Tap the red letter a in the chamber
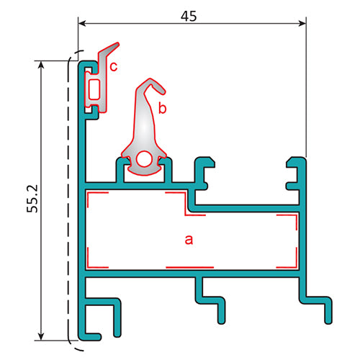pyautogui.click(x=189, y=240)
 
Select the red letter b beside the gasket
pyautogui.click(x=163, y=109)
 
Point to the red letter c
pyautogui.click(x=114, y=67)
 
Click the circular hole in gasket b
pyautogui.click(x=145, y=159)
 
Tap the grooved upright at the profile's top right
pyautogui.click(x=297, y=176)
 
